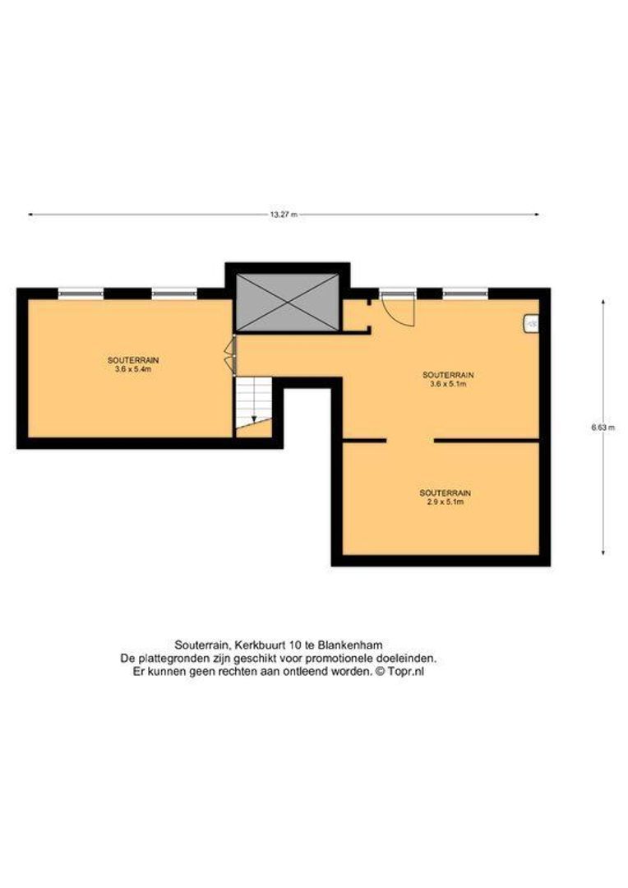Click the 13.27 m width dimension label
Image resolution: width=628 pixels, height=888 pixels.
point(283,215)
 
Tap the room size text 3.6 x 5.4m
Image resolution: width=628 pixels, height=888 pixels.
point(132,370)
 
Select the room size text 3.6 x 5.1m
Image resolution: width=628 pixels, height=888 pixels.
point(447,384)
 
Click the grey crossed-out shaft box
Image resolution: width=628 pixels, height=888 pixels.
point(287,303)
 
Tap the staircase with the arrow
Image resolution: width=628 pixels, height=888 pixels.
point(252,404)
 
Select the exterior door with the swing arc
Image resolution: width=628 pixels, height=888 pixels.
point(400,307)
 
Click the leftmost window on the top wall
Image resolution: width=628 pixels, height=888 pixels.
point(81,292)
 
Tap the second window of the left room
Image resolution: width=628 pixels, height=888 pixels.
point(174,292)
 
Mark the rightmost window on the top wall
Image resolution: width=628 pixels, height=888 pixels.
point(465,292)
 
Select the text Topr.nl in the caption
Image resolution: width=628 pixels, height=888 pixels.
point(406,671)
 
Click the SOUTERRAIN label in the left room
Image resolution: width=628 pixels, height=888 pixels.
point(132,360)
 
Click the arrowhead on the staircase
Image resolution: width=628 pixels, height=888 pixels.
point(254,419)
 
